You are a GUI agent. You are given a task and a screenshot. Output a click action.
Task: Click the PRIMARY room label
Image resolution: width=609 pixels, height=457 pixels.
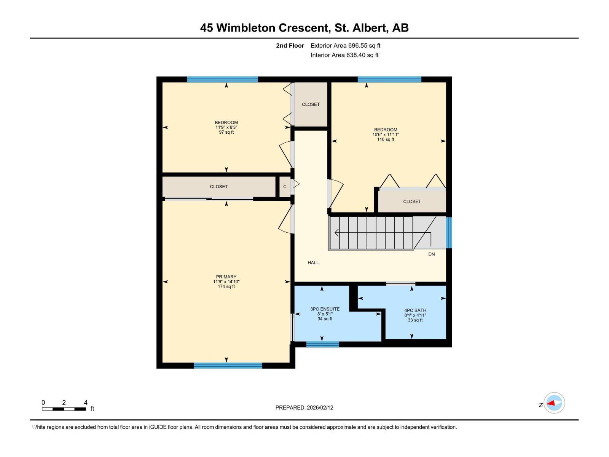[x=226, y=277]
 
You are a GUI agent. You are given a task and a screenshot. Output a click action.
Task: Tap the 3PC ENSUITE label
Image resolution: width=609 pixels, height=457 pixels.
[x=325, y=309]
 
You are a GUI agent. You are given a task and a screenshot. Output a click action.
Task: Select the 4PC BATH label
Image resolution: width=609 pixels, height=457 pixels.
[x=415, y=310]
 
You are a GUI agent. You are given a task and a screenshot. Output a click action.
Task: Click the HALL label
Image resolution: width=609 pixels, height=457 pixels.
[x=313, y=263]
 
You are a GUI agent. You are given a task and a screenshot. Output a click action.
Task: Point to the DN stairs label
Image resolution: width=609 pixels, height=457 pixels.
[x=431, y=254]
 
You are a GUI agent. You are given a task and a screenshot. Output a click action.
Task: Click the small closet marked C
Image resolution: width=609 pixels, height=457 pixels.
[x=285, y=187]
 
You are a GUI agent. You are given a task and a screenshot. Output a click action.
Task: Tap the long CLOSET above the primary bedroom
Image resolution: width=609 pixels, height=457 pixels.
[x=219, y=187]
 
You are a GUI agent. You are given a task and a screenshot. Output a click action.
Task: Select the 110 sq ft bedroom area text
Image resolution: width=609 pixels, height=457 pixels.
[x=386, y=140]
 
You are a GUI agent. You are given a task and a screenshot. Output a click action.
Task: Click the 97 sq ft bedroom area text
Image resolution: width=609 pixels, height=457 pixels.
[x=226, y=133]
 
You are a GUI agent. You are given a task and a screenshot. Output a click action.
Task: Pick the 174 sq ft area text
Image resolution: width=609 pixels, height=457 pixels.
[x=226, y=287]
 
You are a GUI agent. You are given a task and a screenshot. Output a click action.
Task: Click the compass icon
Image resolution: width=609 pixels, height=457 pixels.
[x=554, y=403]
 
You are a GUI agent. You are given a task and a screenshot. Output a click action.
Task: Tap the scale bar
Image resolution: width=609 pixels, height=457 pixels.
[x=64, y=409]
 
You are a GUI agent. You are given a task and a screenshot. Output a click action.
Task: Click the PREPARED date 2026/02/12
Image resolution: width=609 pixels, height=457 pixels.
[x=304, y=407]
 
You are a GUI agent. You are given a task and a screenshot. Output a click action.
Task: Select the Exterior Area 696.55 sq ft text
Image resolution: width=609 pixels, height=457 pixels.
[x=345, y=46]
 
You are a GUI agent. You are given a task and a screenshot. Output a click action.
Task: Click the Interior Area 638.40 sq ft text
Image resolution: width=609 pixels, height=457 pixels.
[x=344, y=55]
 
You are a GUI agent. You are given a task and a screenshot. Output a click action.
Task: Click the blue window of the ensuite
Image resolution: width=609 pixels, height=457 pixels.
[x=322, y=344]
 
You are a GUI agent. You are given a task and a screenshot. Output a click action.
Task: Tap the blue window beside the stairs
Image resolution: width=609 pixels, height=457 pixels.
[x=449, y=233]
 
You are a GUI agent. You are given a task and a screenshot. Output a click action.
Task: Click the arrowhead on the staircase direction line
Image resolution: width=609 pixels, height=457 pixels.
[x=336, y=232]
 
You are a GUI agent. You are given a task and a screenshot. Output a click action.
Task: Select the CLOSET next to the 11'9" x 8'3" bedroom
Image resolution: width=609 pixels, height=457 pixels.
[x=311, y=104]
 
